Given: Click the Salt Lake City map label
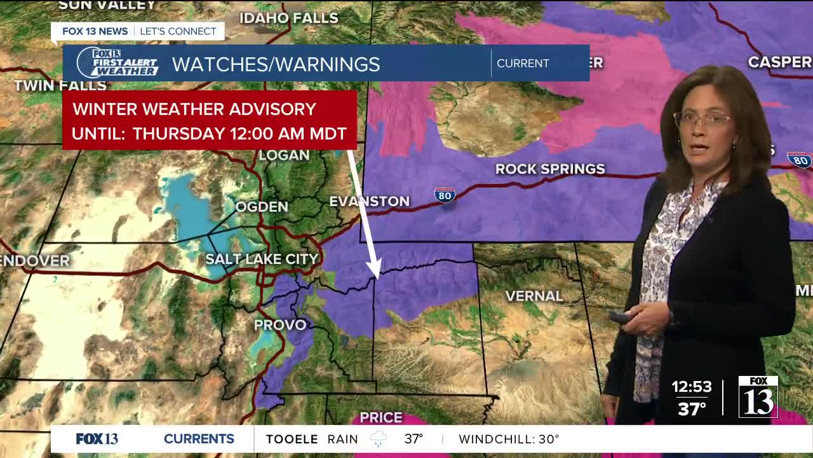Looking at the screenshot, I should click(x=262, y=259).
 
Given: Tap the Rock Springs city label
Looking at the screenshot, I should click(x=550, y=169).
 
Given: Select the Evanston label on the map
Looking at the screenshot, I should click(x=369, y=201).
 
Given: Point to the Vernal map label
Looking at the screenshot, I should click(x=534, y=296).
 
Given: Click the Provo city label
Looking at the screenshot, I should click(x=280, y=324).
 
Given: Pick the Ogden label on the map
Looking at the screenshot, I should click(x=262, y=207).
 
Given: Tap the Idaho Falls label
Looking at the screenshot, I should click(x=288, y=18).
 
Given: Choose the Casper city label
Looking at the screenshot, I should click(x=779, y=62).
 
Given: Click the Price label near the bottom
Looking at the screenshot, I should click(x=381, y=417).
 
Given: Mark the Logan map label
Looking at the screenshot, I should click(x=283, y=155).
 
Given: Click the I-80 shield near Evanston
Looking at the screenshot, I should click(x=445, y=195).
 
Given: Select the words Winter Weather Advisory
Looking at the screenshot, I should click(x=194, y=109).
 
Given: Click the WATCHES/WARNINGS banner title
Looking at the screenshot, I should click(x=276, y=64).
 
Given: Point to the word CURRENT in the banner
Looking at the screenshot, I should click(x=523, y=64).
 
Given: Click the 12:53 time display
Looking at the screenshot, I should click(x=692, y=387).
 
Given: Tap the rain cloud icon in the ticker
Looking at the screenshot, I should click(x=379, y=439).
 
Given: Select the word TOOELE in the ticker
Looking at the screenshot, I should click(x=292, y=439).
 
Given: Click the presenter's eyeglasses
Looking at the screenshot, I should click(x=702, y=119).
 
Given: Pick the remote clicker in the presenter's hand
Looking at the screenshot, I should click(x=621, y=316).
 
